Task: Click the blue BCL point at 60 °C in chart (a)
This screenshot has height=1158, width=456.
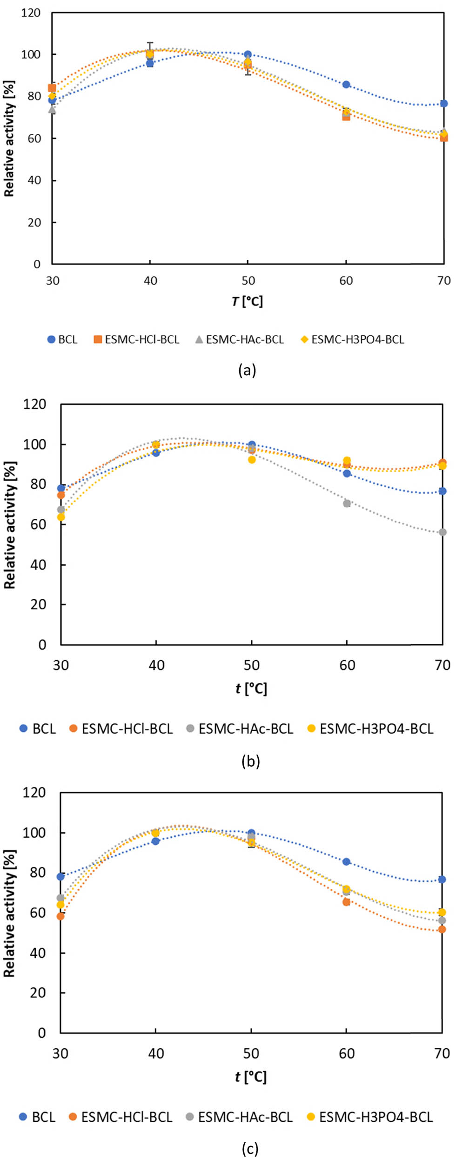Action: [346, 85]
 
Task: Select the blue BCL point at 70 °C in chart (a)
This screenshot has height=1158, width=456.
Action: [444, 103]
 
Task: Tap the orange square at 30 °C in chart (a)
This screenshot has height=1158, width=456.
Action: [52, 88]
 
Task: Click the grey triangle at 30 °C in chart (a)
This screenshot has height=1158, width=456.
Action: [52, 110]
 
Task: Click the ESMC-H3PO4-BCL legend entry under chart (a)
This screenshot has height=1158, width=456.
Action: [352, 339]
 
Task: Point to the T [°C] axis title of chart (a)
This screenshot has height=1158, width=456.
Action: [247, 301]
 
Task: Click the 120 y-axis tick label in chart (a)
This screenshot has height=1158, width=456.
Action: [31, 13]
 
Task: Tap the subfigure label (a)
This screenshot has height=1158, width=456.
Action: [247, 370]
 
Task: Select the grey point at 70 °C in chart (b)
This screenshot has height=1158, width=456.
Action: [443, 532]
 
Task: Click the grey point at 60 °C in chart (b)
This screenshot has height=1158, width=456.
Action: [347, 503]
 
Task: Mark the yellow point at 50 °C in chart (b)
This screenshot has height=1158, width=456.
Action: [252, 460]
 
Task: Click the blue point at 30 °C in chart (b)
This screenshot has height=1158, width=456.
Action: [61, 488]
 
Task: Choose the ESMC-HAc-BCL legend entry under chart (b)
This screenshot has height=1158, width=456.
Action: [240, 728]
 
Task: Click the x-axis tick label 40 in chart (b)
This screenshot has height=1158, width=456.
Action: [156, 665]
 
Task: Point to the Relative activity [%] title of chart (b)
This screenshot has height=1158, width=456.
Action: [10, 524]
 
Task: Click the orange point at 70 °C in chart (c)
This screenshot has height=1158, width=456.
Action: [442, 929]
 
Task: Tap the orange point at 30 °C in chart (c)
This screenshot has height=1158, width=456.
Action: [60, 916]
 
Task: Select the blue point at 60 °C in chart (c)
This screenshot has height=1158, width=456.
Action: [347, 861]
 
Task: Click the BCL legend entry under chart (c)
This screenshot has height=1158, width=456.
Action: [37, 1117]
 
